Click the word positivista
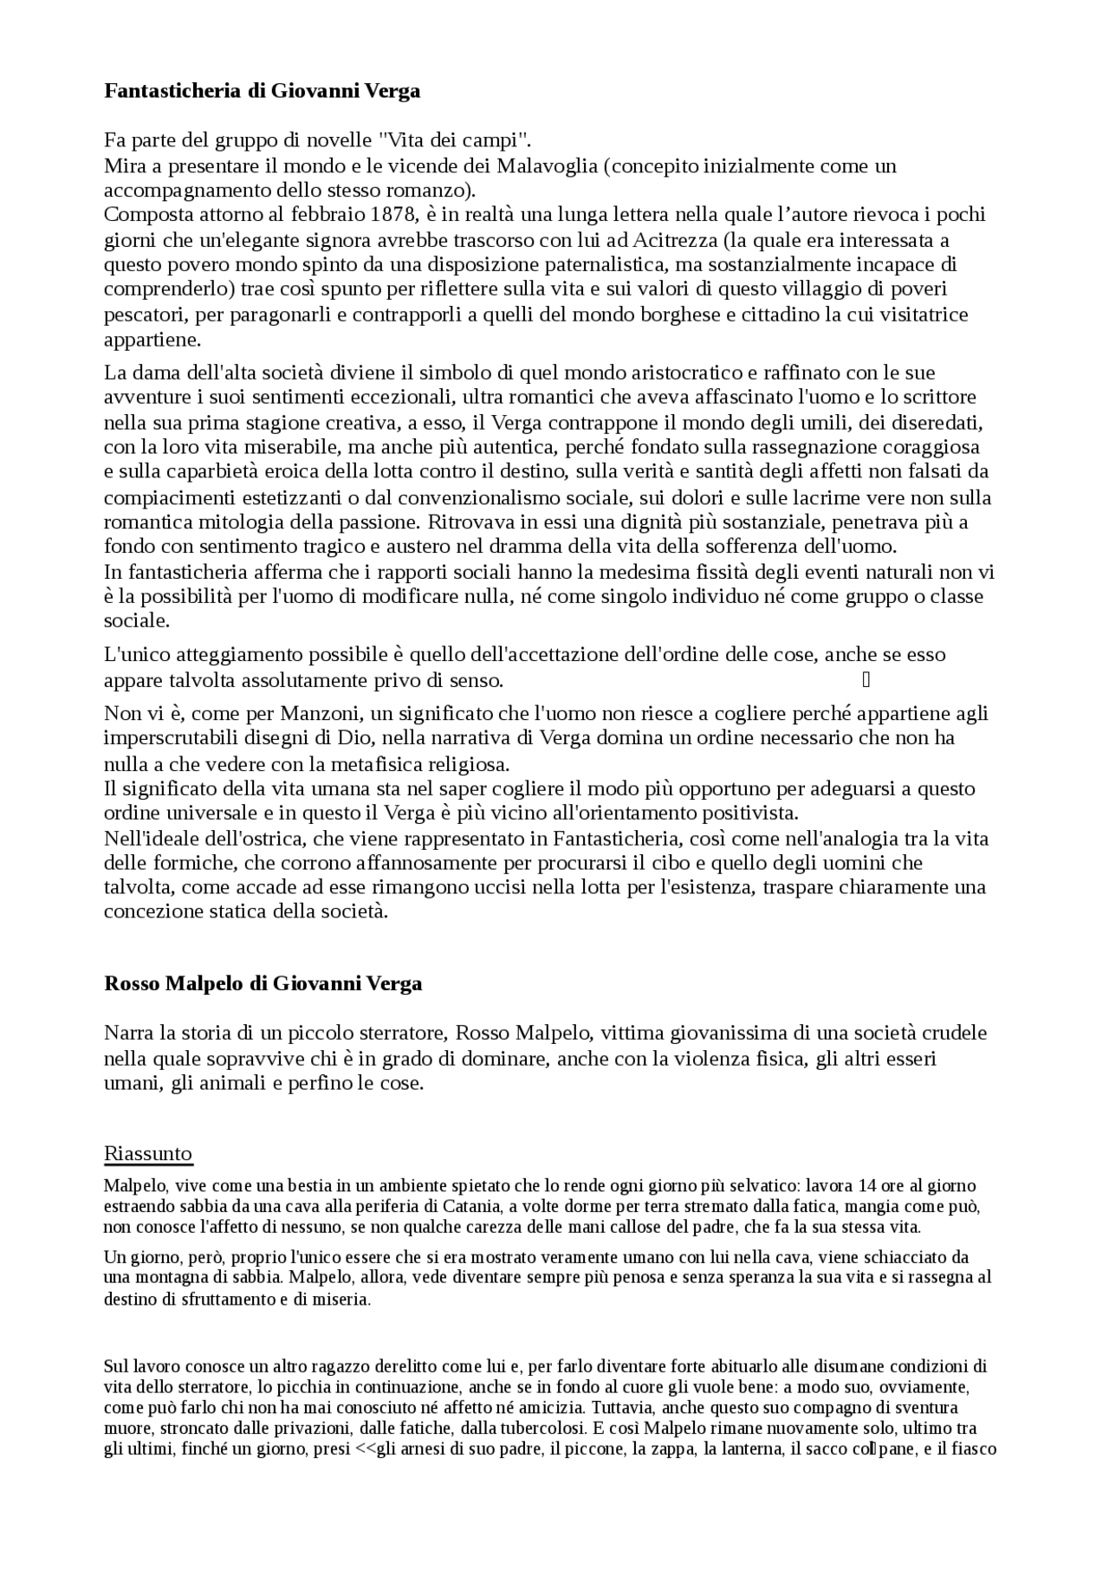click(754, 814)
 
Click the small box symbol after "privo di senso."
click(866, 680)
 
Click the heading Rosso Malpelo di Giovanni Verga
click(263, 983)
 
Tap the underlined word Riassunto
click(148, 1153)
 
